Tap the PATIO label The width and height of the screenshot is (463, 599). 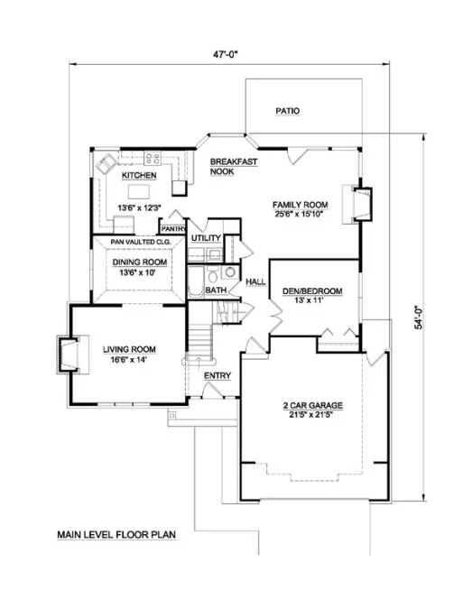(x=288, y=112)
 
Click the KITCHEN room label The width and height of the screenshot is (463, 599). (x=140, y=176)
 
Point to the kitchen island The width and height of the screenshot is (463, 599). (x=140, y=191)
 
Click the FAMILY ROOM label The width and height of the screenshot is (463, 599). (x=301, y=205)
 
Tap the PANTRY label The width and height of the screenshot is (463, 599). (x=174, y=230)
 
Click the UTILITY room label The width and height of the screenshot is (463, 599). (x=206, y=237)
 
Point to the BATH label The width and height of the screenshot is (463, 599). (x=216, y=290)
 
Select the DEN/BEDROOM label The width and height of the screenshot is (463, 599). (x=315, y=290)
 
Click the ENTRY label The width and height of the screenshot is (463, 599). (x=217, y=376)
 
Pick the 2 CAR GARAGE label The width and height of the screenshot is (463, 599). (x=310, y=406)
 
